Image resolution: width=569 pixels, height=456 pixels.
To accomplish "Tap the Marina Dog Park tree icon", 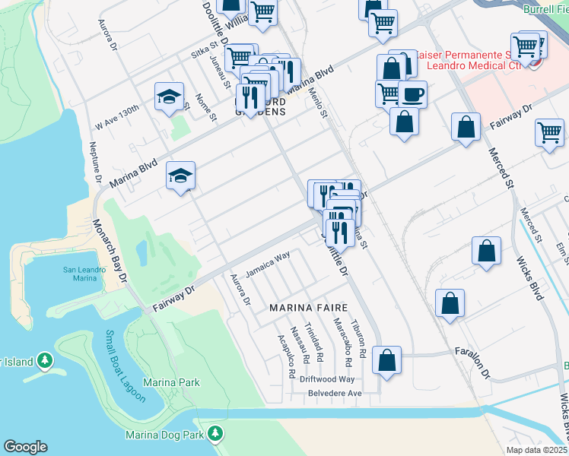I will tap(216, 434).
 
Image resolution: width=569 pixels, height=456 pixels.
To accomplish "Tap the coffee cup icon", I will tap(412, 93).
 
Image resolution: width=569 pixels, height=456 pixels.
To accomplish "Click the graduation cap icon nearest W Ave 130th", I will tap(169, 97).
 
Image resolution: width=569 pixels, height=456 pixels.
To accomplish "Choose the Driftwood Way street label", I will tap(326, 379).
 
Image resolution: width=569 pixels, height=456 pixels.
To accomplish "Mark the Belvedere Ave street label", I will tap(333, 393).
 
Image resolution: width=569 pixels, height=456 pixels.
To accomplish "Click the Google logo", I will tap(25, 447).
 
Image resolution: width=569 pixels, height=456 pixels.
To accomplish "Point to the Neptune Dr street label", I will tap(97, 163).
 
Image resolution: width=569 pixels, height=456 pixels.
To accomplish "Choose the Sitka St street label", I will tap(205, 52).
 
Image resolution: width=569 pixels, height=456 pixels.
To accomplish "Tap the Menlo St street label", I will tap(317, 103).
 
